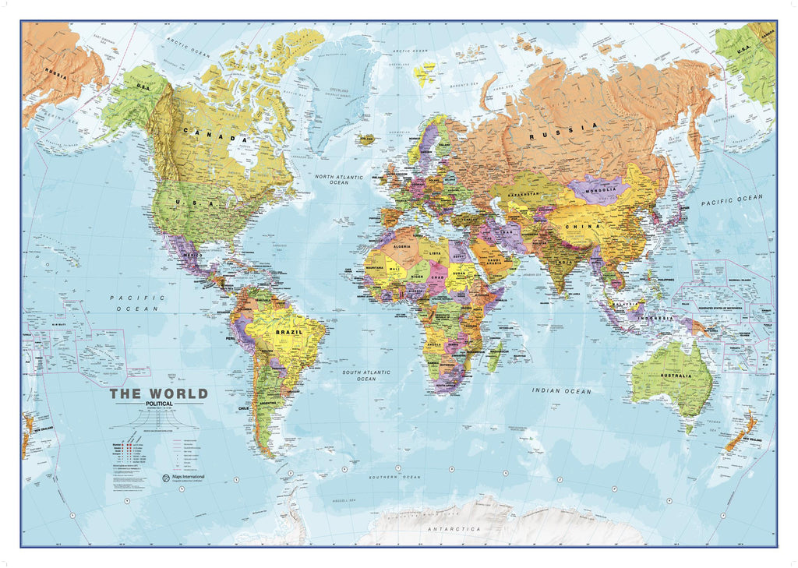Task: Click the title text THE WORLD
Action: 158,393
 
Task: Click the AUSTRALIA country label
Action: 675,376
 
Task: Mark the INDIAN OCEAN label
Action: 561,390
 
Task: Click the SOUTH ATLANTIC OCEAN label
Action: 366,376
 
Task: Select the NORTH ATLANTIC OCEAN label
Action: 339,180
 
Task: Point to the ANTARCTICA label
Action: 452,530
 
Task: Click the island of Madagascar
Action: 494,358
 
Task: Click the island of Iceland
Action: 365,140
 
